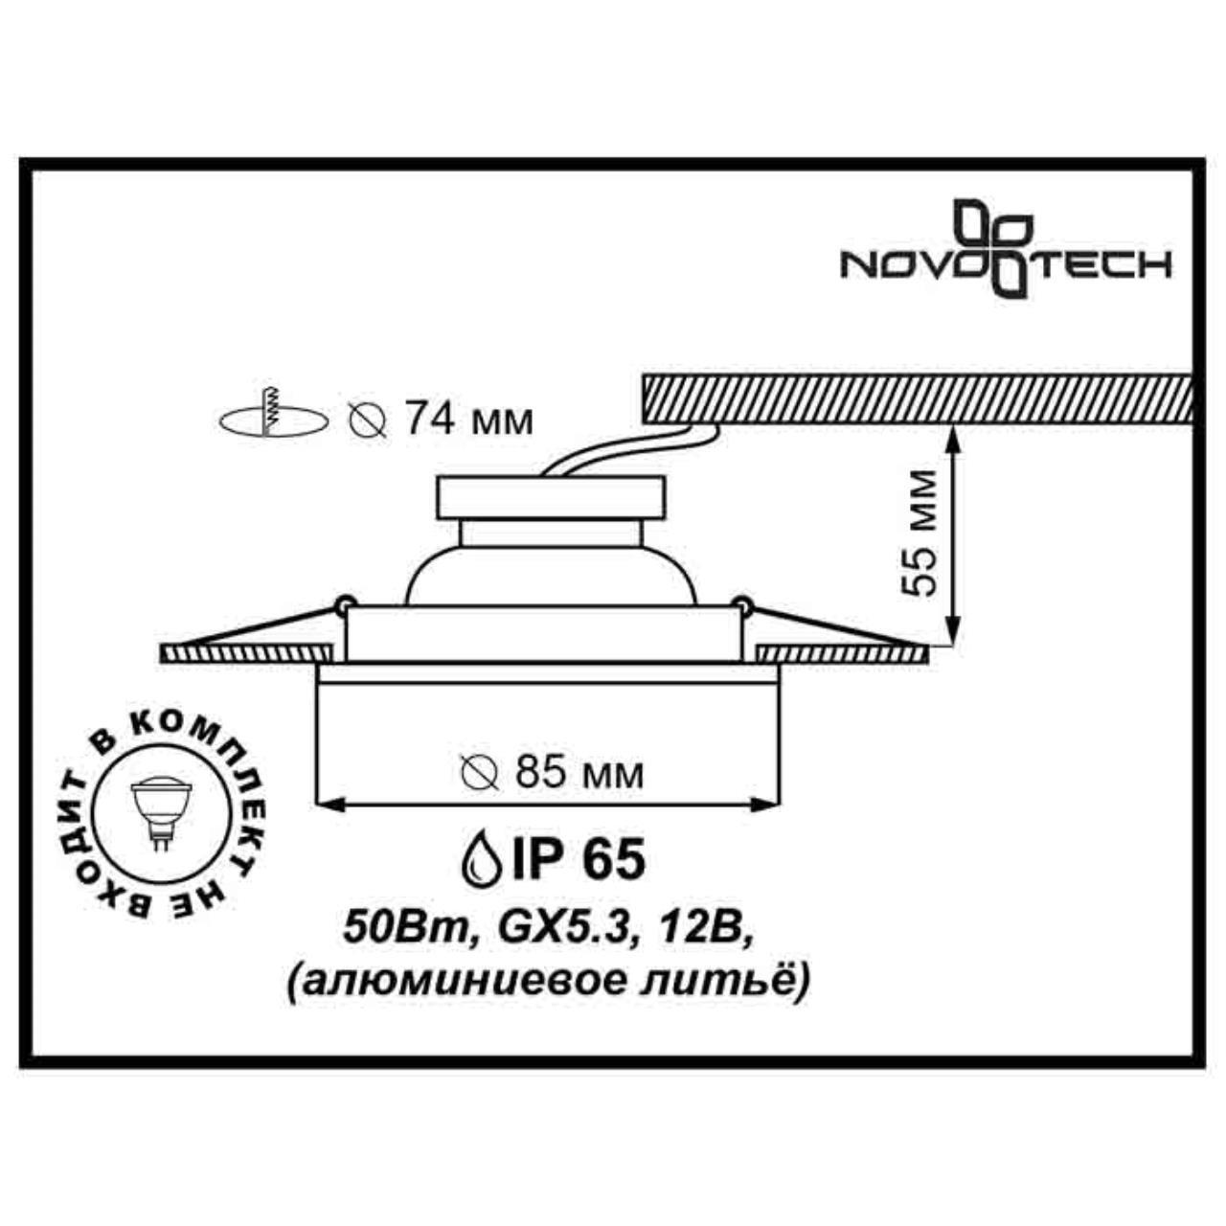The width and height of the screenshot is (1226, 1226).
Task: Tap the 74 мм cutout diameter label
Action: (467, 419)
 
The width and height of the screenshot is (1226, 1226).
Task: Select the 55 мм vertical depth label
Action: (920, 534)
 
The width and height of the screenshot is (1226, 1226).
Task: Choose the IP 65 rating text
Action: (579, 859)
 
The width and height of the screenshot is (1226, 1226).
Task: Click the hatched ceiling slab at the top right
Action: (916, 397)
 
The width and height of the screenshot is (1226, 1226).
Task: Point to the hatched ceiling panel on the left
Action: (244, 653)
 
